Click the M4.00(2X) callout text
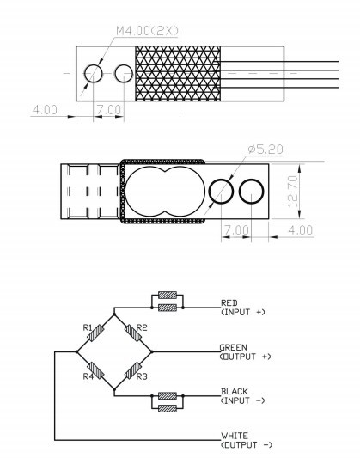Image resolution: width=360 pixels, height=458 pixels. (x=147, y=31)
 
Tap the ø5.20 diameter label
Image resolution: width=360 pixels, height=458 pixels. (x=265, y=150)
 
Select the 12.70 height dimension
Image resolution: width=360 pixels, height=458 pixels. (x=293, y=191)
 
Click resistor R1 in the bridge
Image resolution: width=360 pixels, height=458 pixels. (x=95, y=333)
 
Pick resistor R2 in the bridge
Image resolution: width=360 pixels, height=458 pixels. (x=133, y=333)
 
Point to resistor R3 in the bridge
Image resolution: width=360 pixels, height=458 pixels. (x=133, y=370)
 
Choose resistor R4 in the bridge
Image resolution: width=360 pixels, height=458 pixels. (x=95, y=370)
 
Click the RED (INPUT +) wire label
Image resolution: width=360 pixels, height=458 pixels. (x=243, y=308)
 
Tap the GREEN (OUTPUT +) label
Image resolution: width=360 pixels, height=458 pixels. (x=245, y=352)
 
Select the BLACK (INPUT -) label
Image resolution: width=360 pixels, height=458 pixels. (x=243, y=396)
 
